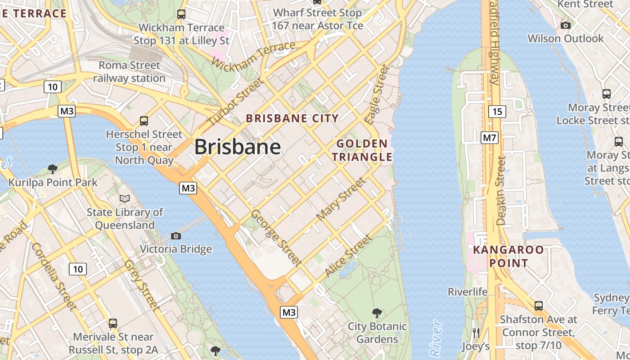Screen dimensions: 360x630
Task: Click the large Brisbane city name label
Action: coord(238,147)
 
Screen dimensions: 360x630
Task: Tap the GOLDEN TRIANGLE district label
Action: coord(364,150)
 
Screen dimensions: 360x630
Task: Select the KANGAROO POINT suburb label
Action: coord(501,256)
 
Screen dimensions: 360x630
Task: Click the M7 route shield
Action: coord(490,137)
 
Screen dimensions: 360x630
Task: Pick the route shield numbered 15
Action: coord(497,111)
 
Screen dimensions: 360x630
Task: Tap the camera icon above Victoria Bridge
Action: coord(176,236)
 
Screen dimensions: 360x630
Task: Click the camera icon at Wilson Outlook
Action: coord(566,25)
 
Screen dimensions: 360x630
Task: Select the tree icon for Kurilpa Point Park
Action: coord(53,169)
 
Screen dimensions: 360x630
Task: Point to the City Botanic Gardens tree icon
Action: coord(377,313)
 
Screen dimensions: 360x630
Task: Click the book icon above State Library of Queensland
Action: coord(125,198)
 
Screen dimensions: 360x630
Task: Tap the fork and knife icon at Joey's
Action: coord(476,333)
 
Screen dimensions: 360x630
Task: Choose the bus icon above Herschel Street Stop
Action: coord(144,121)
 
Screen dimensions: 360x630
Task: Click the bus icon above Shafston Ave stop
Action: coord(539,306)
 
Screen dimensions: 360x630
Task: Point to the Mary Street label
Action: coord(341,199)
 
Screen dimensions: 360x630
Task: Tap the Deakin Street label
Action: coord(501,190)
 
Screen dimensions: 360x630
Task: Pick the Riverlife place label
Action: coord(468,292)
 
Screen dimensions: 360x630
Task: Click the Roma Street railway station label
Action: coord(130,72)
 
